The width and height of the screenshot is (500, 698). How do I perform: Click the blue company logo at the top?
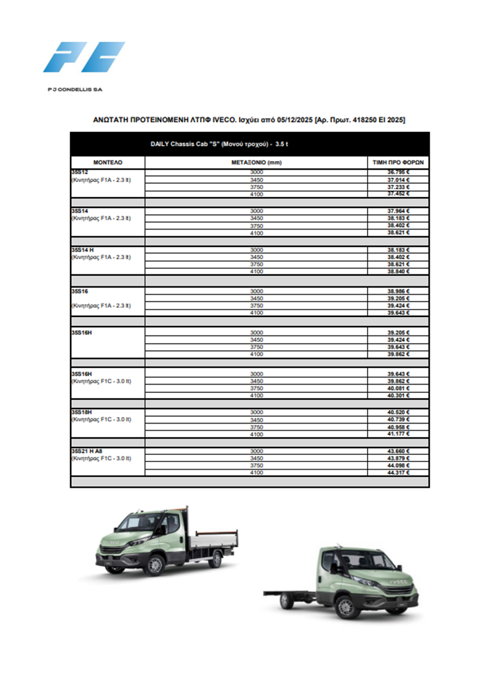[84, 57]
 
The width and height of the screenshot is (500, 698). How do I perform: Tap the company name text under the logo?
[75, 89]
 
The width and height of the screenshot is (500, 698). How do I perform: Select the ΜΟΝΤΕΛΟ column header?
[108, 162]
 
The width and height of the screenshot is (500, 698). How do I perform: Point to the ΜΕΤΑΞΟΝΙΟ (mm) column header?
[256, 162]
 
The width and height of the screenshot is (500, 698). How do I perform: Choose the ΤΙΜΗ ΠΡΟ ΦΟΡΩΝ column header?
[398, 162]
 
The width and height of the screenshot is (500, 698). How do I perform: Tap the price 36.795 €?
[398, 173]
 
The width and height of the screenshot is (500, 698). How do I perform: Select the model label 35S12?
[80, 173]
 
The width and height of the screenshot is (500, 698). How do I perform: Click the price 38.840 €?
[398, 271]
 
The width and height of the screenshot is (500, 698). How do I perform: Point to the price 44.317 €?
[398, 473]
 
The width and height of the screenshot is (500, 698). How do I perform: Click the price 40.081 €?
[398, 388]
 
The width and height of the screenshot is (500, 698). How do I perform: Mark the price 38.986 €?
[398, 291]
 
